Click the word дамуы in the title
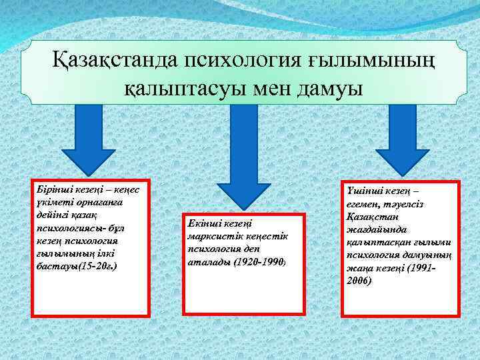point(328,87)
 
